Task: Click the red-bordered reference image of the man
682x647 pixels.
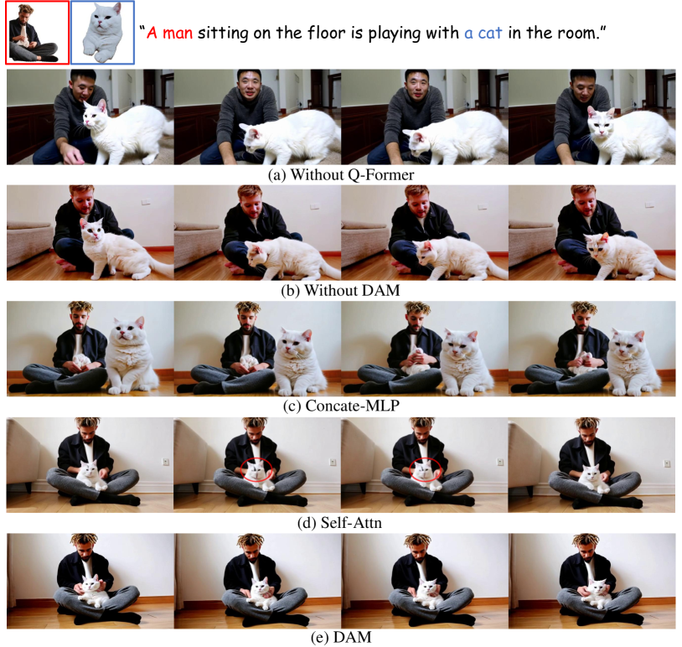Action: (x=38, y=33)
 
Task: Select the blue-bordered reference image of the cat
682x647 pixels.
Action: (x=103, y=33)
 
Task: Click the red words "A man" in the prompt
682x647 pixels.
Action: (x=169, y=33)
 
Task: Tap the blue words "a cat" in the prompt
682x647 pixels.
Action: (x=483, y=34)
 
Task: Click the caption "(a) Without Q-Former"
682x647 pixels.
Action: (x=341, y=175)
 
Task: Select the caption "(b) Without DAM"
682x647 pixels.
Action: (x=340, y=290)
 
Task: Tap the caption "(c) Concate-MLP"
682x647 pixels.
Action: (x=341, y=406)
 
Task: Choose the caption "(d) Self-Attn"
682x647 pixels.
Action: (x=339, y=522)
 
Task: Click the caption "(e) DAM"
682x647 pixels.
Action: (x=341, y=637)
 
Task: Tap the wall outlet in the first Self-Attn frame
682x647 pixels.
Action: (x=165, y=461)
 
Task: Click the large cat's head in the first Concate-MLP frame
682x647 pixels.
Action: (x=127, y=332)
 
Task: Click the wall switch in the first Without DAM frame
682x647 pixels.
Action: (x=146, y=202)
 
